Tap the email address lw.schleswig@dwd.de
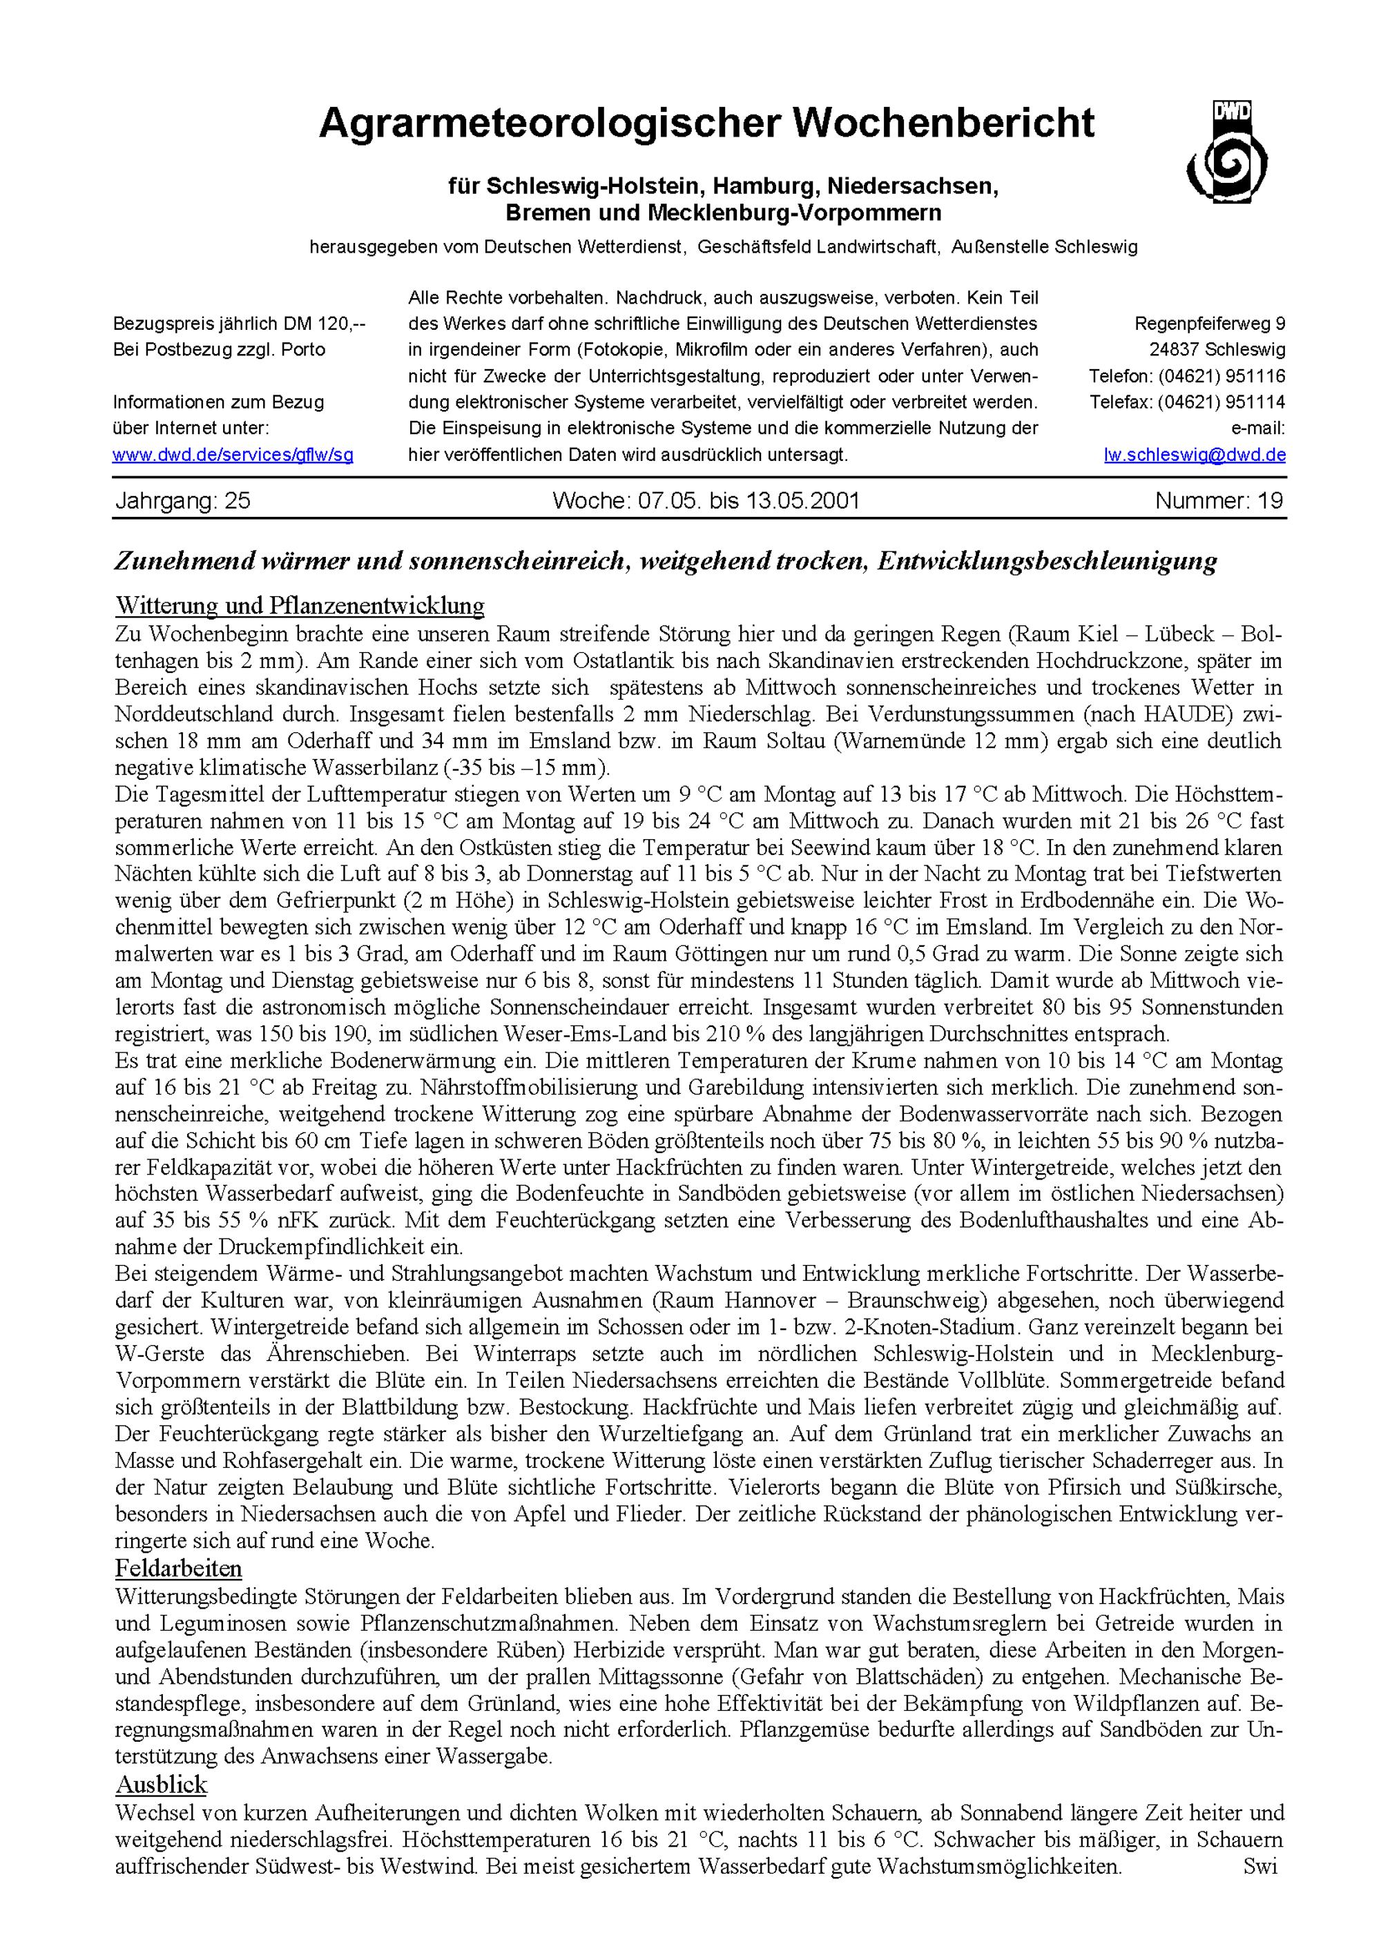(1195, 455)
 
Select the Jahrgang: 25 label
(183, 501)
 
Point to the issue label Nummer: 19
(1219, 501)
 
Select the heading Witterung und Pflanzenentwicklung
(300, 607)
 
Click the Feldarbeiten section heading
(179, 1569)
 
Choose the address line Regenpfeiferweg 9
(1210, 324)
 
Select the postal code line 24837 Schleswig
(1217, 350)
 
